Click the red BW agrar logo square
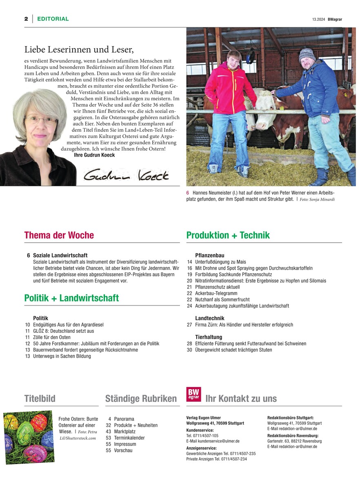(193, 394)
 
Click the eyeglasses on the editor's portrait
(40, 120)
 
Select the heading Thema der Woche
(59, 235)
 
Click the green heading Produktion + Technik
(228, 235)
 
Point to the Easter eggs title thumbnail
(29, 436)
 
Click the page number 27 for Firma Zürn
(189, 325)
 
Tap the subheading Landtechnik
(210, 318)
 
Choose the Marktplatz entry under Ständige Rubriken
(124, 431)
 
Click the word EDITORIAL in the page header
(53, 19)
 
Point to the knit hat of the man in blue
(307, 54)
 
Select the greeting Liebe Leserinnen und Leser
(79, 50)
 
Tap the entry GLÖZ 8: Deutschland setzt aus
(63, 331)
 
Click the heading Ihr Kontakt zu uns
(241, 398)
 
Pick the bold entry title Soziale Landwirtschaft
(60, 255)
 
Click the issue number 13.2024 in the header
(316, 19)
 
